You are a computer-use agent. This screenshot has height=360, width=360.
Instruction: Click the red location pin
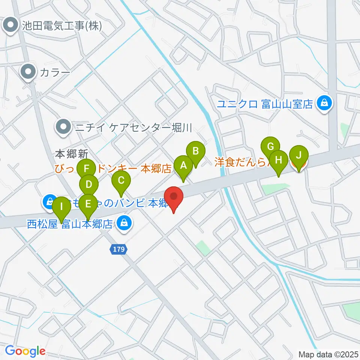174,197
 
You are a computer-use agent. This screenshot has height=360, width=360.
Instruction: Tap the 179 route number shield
116,249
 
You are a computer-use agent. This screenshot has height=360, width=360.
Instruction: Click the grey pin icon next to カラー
28,72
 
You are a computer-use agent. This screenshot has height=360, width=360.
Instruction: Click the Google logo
25,351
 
